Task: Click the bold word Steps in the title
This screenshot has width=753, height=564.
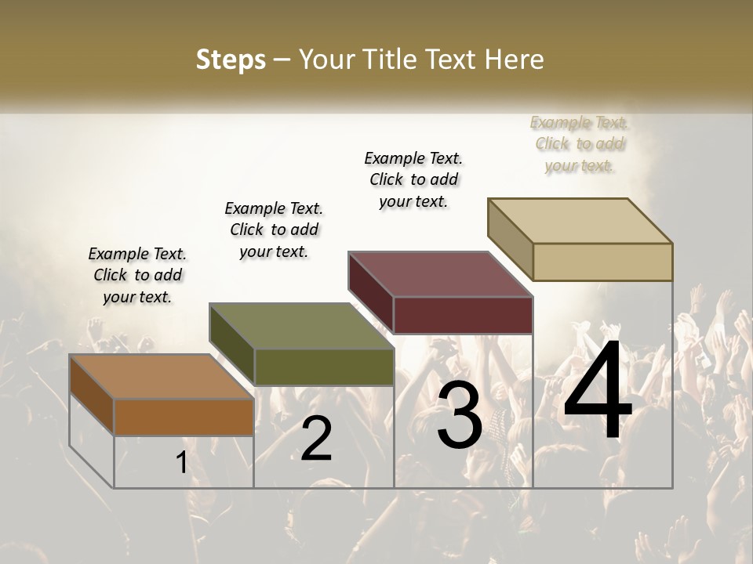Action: coord(231,60)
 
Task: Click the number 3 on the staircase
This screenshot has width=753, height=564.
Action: coord(459,415)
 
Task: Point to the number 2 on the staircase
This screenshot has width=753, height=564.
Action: coord(316,438)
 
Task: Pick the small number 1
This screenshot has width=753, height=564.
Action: coord(181,463)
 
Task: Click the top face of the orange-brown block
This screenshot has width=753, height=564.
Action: coord(161,377)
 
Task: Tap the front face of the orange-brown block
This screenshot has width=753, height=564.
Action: coord(184,417)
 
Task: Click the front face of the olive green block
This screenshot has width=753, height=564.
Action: coord(324,367)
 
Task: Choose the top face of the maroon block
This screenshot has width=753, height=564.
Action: coord(440,274)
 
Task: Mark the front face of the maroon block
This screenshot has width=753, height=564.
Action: coord(463,315)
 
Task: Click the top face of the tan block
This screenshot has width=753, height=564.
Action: coord(580,221)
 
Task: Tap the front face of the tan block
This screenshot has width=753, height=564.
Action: coord(602,262)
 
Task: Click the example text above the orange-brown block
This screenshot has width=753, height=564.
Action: coord(137,275)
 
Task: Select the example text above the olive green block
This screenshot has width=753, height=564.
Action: coord(274,230)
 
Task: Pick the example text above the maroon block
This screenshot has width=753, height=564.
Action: coord(413,179)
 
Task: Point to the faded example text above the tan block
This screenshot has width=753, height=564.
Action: coord(579,143)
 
